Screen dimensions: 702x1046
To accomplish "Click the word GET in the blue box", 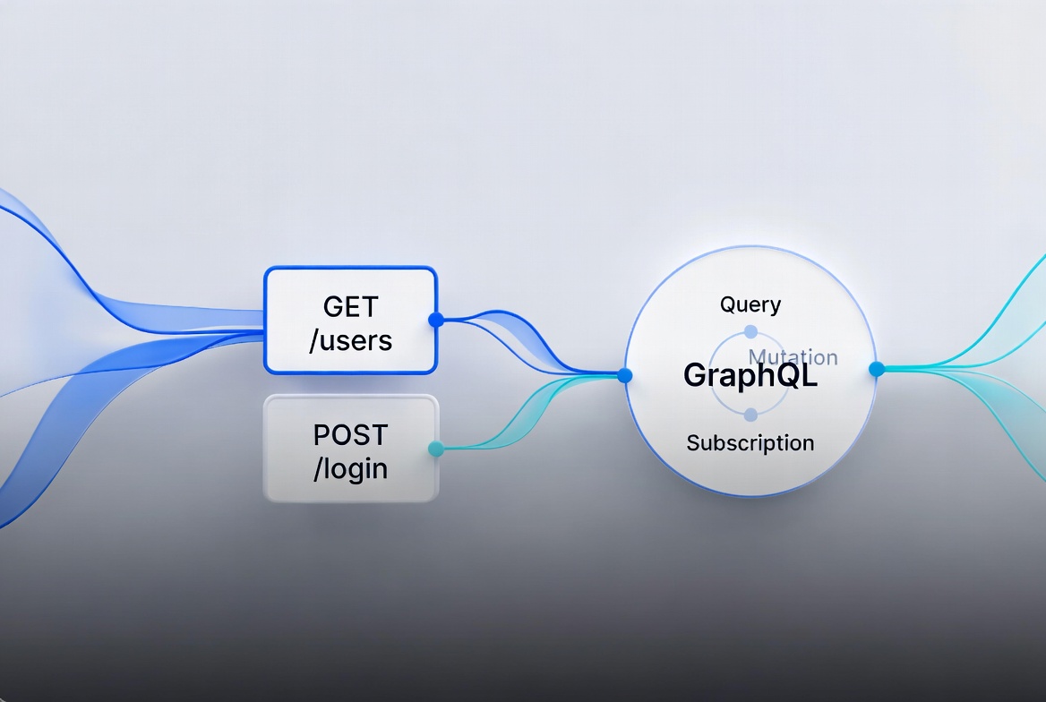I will (350, 306).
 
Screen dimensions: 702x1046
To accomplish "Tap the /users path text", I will (350, 340).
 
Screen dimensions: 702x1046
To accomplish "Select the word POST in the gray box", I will (350, 435).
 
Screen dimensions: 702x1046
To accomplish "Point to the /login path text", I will (350, 468).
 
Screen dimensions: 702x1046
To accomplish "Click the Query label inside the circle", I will (750, 304).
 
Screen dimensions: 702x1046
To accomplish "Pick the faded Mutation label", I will (793, 357).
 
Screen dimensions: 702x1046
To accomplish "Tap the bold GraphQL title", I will (750, 375).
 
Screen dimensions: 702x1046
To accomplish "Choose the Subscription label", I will (750, 442).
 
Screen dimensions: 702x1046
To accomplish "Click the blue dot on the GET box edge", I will (436, 320).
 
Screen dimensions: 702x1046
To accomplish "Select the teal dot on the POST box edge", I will (436, 449).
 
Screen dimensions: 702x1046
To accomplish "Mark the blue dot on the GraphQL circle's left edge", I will (625, 375).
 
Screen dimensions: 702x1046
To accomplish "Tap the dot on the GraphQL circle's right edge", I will (877, 369).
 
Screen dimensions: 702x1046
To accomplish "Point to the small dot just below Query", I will (750, 331).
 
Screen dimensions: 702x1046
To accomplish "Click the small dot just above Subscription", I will (750, 415).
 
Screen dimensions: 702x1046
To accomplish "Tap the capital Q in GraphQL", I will (789, 375).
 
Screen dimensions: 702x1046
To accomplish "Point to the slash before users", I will (313, 340).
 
